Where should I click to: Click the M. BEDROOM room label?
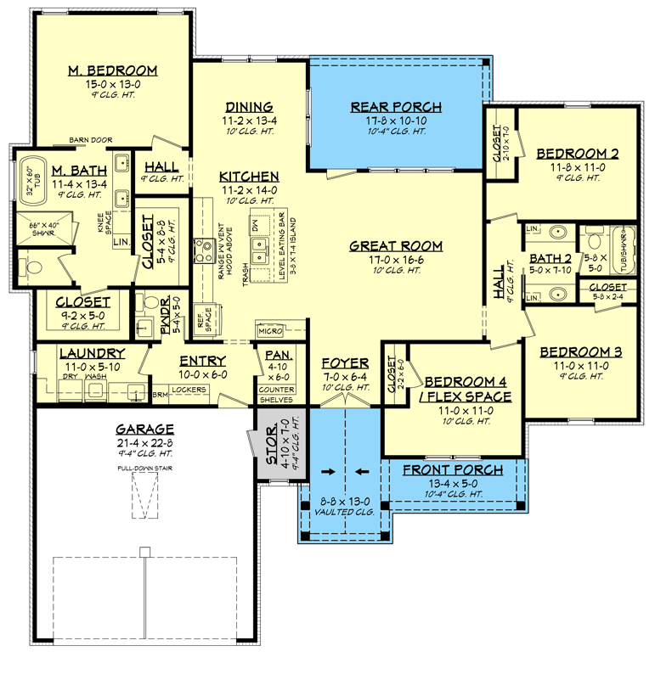click(112, 70)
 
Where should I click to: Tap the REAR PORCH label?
click(396, 107)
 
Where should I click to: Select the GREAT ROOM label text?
click(396, 246)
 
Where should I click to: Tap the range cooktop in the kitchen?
click(204, 250)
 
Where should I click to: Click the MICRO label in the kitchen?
click(270, 329)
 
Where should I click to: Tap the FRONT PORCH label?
click(452, 470)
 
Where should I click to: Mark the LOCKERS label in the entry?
click(189, 390)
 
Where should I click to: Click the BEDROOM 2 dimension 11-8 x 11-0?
click(577, 167)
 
